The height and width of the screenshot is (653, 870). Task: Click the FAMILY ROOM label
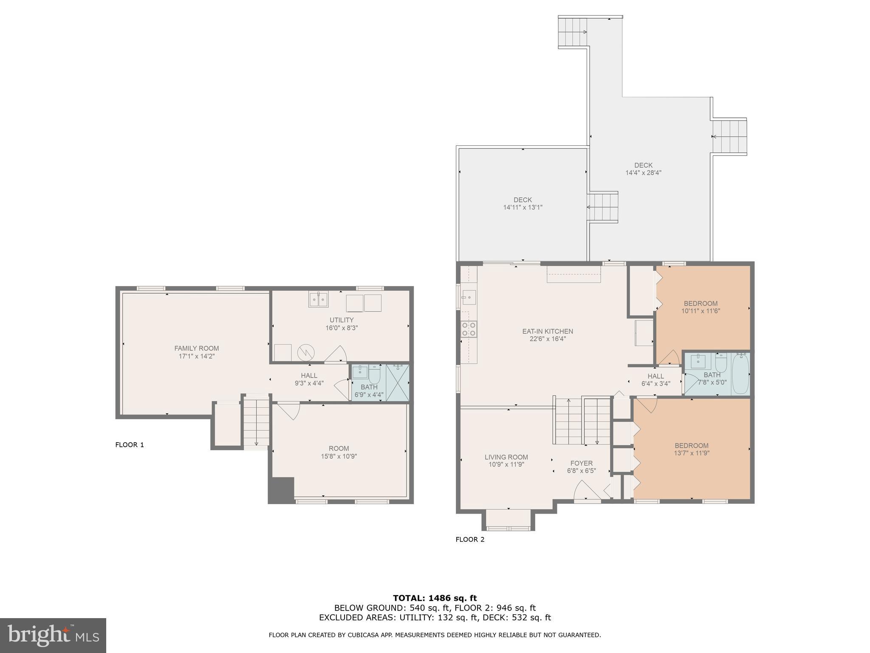tap(196, 348)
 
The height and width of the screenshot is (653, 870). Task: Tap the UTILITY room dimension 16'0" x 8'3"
tap(342, 328)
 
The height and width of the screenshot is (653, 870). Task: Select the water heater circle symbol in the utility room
tap(305, 353)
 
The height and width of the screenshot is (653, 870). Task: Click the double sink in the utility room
tap(318, 300)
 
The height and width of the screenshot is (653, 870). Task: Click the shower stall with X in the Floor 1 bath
tap(397, 382)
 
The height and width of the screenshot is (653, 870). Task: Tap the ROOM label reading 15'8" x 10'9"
tap(339, 452)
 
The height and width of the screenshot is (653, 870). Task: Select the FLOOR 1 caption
tap(130, 445)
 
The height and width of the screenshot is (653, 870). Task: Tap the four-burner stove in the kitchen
tap(469, 329)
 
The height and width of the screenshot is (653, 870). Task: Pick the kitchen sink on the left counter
tap(469, 297)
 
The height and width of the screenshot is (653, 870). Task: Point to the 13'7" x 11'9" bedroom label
tap(692, 449)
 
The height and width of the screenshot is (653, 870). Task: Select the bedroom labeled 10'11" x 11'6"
tap(701, 307)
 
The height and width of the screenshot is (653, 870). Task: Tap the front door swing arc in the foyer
tap(587, 491)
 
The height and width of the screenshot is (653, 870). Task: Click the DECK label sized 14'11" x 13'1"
tap(523, 204)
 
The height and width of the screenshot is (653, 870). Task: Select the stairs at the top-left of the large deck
tap(572, 32)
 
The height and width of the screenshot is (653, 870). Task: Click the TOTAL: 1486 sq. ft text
tap(435, 598)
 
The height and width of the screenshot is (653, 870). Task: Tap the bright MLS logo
tap(53, 635)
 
